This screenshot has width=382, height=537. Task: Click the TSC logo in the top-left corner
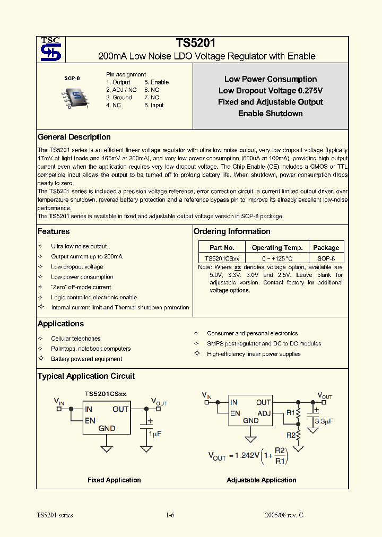tap(51, 49)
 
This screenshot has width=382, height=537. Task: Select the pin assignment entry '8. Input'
tap(154, 105)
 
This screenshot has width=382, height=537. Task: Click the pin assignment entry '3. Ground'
tap(119, 98)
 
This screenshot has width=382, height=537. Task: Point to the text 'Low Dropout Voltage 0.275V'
tap(271, 91)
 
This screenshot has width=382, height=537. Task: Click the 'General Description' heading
tap(74, 137)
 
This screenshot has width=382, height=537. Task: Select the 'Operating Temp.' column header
tap(277, 247)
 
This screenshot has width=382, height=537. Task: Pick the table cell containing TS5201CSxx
tap(222, 258)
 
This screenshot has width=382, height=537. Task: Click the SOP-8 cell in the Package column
tap(326, 258)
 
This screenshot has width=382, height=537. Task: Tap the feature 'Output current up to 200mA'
tap(86, 256)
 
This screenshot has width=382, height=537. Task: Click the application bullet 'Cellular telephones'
tap(75, 339)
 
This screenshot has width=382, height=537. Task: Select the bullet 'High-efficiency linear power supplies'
tap(254, 354)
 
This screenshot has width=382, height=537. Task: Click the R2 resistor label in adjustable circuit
tap(291, 435)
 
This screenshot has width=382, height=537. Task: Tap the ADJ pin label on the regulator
tap(264, 413)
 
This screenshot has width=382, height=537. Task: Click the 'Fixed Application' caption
tap(114, 480)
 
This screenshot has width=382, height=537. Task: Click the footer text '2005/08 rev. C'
tap(284, 515)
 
